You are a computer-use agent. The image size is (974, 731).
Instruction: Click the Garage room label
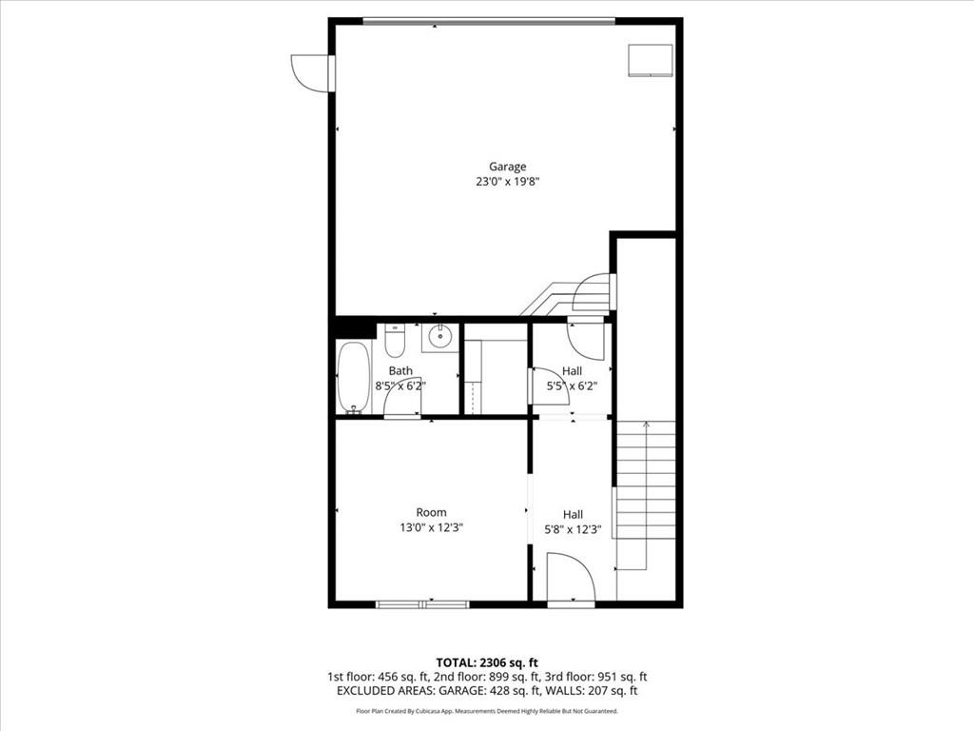pos(507,167)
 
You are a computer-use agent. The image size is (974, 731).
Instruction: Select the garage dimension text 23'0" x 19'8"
pos(507,182)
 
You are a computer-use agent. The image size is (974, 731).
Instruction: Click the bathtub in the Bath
pos(354,377)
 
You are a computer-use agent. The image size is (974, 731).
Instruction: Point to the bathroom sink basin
pos(440,338)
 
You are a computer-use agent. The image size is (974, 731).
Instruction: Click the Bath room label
pos(400,371)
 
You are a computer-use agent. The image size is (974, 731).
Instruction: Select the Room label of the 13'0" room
pos(431,512)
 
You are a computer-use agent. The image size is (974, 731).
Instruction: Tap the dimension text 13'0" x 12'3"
pos(431,528)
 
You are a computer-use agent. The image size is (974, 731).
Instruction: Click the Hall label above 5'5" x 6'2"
pos(572,371)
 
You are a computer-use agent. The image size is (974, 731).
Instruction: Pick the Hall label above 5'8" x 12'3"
pos(573,515)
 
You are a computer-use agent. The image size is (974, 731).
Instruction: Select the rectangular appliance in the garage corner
pos(651,60)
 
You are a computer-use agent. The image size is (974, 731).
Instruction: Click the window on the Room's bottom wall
pos(423,603)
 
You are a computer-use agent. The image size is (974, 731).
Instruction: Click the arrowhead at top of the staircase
pos(646,425)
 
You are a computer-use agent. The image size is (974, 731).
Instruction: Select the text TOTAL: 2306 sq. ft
pos(482,662)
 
